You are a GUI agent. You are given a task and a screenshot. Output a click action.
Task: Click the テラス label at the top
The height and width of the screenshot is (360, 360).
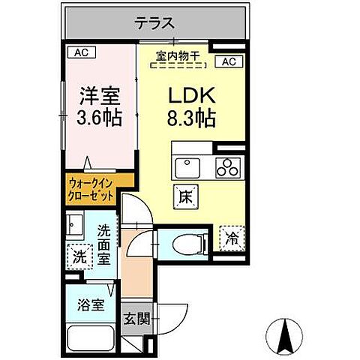[x=156, y=23]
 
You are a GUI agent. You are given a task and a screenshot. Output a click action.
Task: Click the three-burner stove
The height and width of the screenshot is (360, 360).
[x=226, y=166]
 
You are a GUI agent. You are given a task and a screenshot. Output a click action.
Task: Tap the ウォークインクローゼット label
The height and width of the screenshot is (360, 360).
[x=91, y=187]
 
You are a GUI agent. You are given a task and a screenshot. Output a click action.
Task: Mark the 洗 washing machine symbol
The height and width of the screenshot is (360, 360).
[x=79, y=256]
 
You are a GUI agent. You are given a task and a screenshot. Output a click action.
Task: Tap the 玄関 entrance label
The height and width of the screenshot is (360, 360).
[x=136, y=318]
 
